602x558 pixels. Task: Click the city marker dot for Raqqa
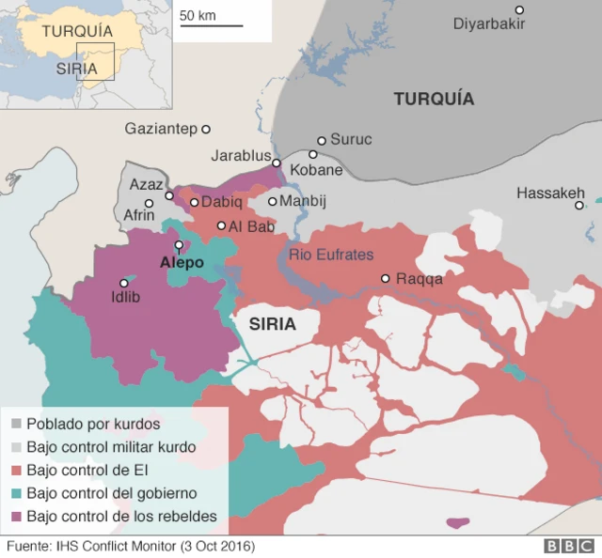click(385, 278)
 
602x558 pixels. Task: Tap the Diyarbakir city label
click(488, 23)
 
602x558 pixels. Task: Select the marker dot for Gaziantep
click(206, 129)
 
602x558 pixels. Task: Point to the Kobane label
click(316, 170)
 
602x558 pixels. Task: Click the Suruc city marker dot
click(322, 140)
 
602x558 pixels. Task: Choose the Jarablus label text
click(241, 155)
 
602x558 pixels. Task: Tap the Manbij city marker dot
click(273, 201)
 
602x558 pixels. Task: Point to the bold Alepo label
click(182, 262)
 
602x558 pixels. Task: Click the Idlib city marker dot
click(123, 283)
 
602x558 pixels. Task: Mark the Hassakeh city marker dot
click(579, 205)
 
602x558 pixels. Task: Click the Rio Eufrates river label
click(331, 255)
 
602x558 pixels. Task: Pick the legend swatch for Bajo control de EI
click(15, 470)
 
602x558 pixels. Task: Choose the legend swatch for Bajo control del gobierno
click(15, 493)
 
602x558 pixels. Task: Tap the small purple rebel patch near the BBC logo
click(458, 522)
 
